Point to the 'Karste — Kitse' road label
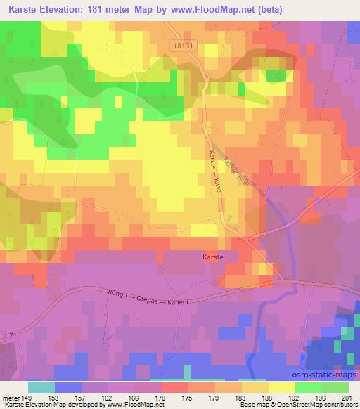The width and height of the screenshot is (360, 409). pyautogui.click(x=214, y=174)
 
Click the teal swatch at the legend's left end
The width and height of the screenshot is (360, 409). pyautogui.click(x=41, y=387)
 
